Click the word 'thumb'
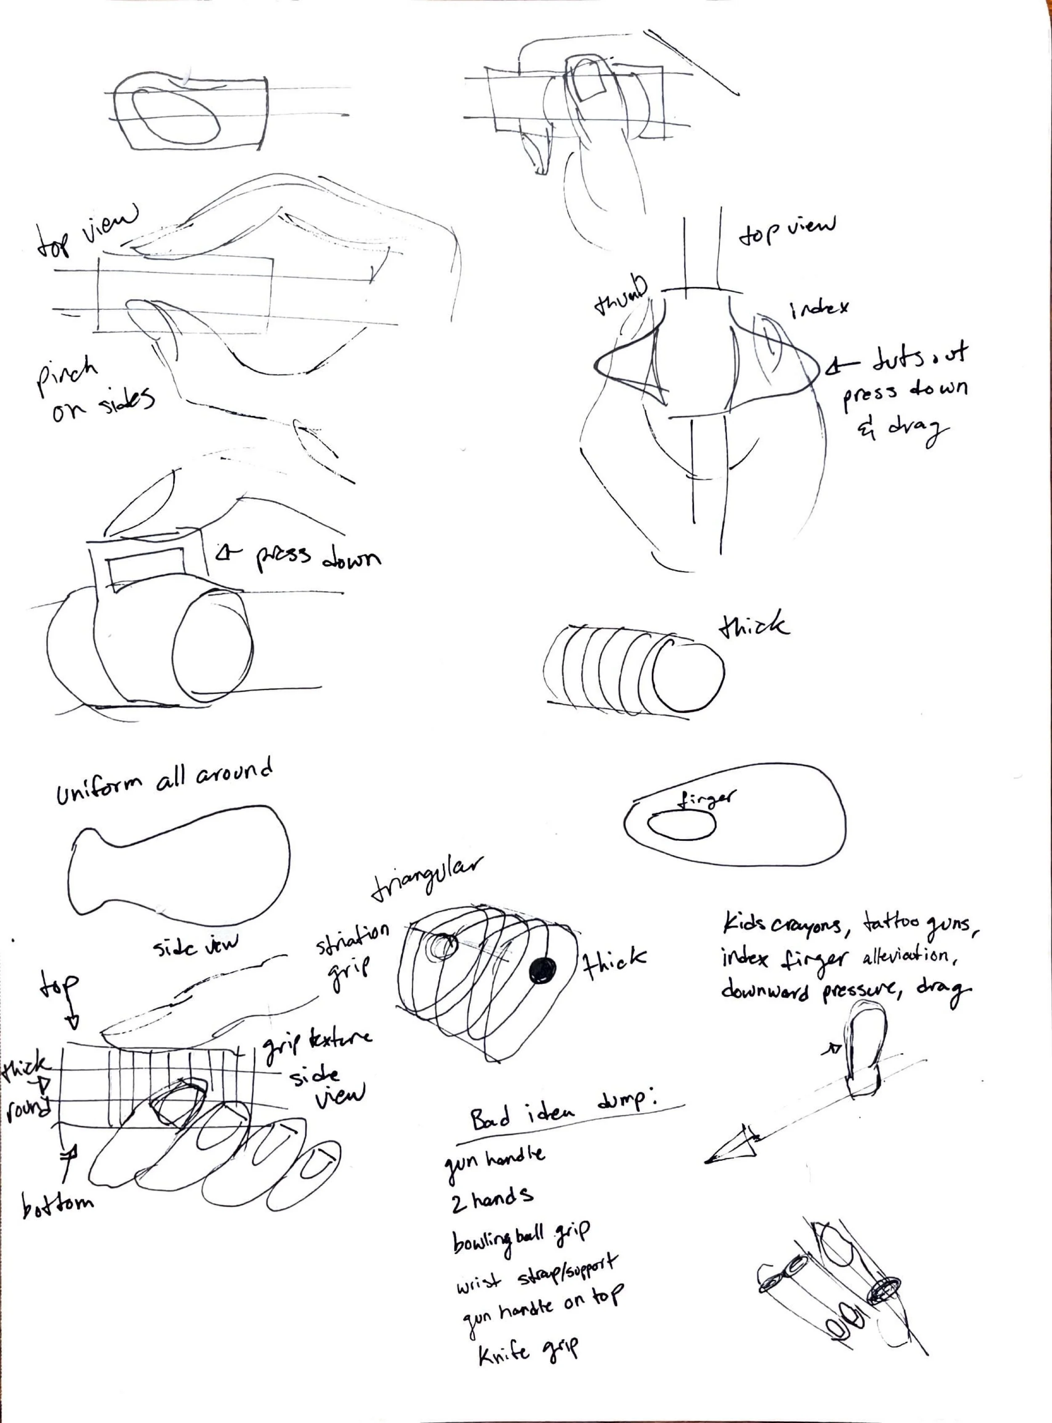(x=620, y=297)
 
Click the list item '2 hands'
(x=491, y=1200)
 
